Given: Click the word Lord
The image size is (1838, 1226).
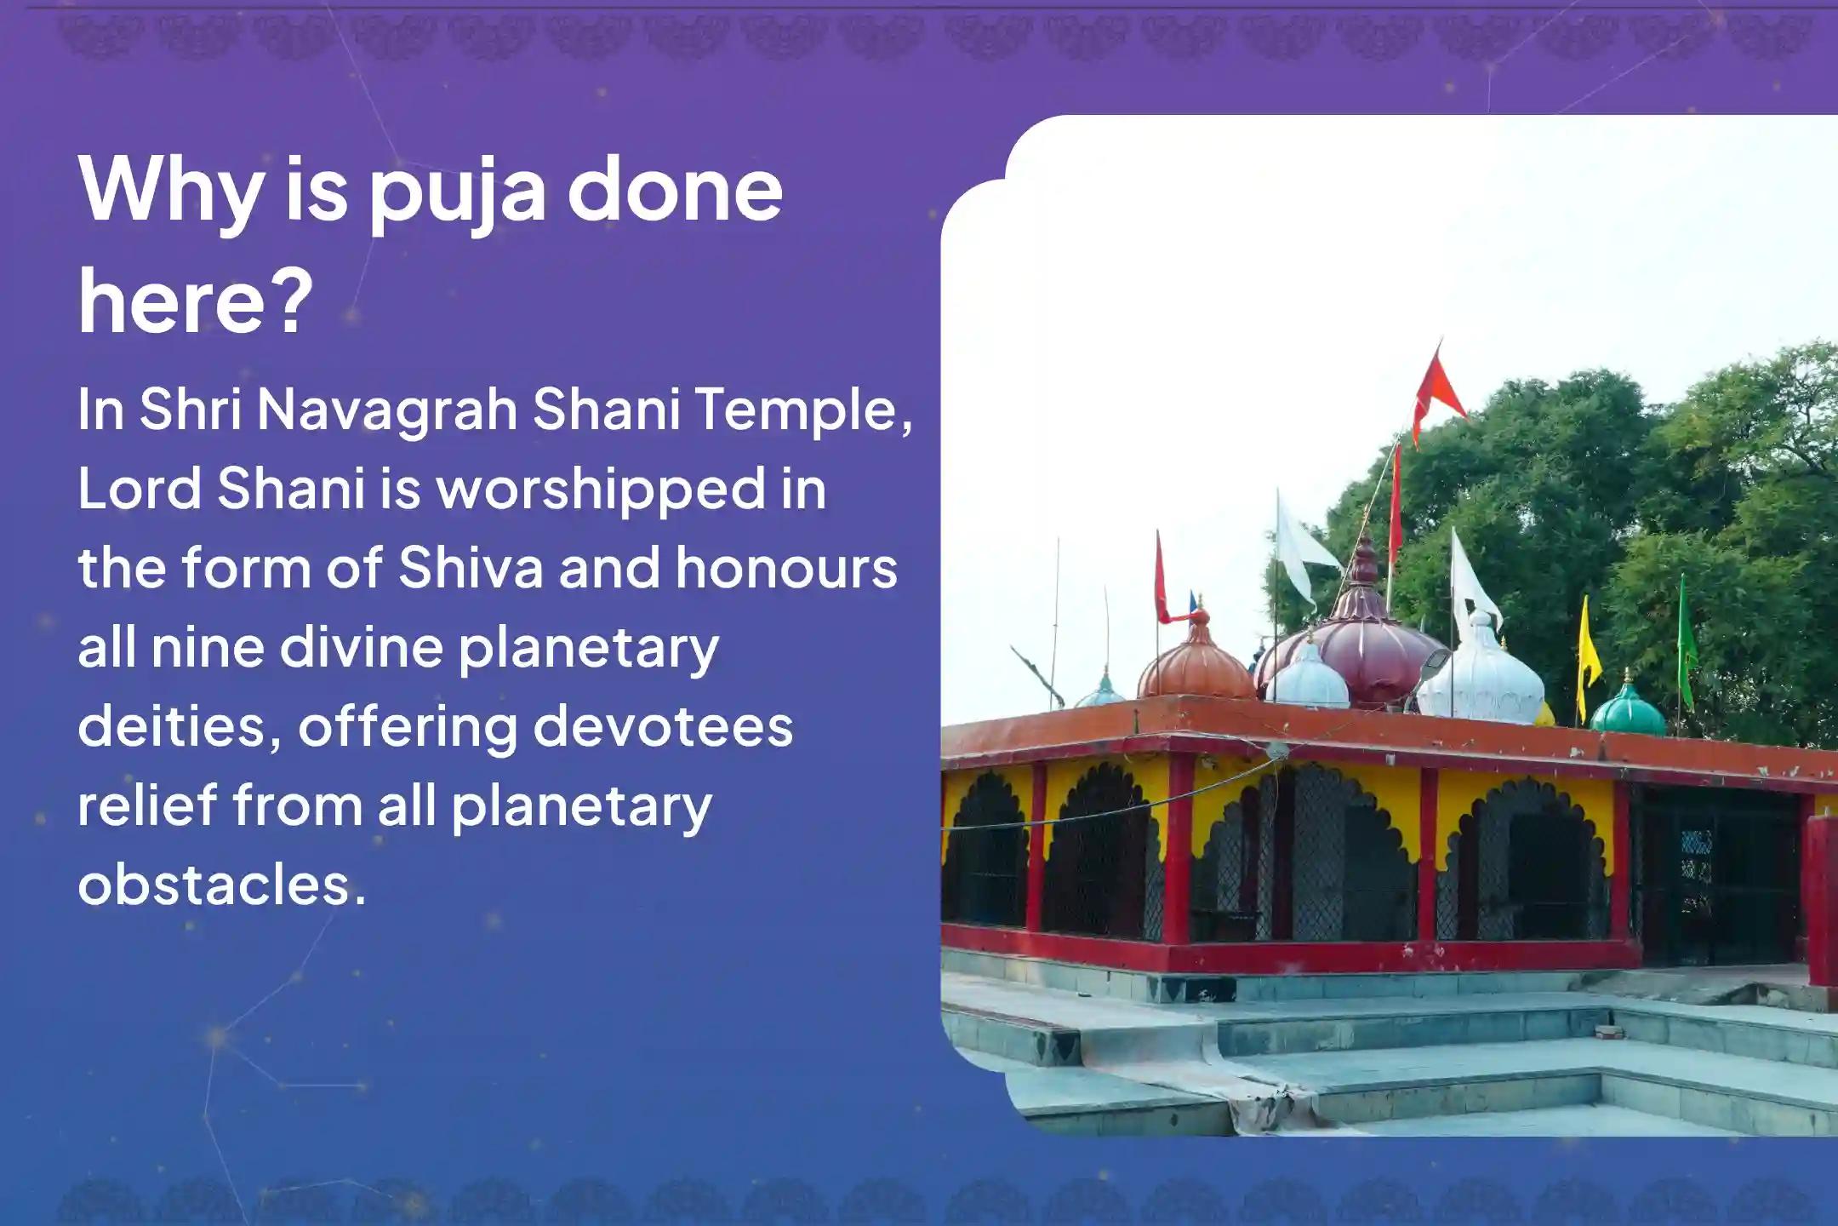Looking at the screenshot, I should [137, 490].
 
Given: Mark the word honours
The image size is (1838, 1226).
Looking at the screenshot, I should [786, 568].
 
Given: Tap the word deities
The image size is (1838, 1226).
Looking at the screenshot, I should [180, 726].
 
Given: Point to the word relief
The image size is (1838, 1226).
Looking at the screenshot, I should [146, 805].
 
